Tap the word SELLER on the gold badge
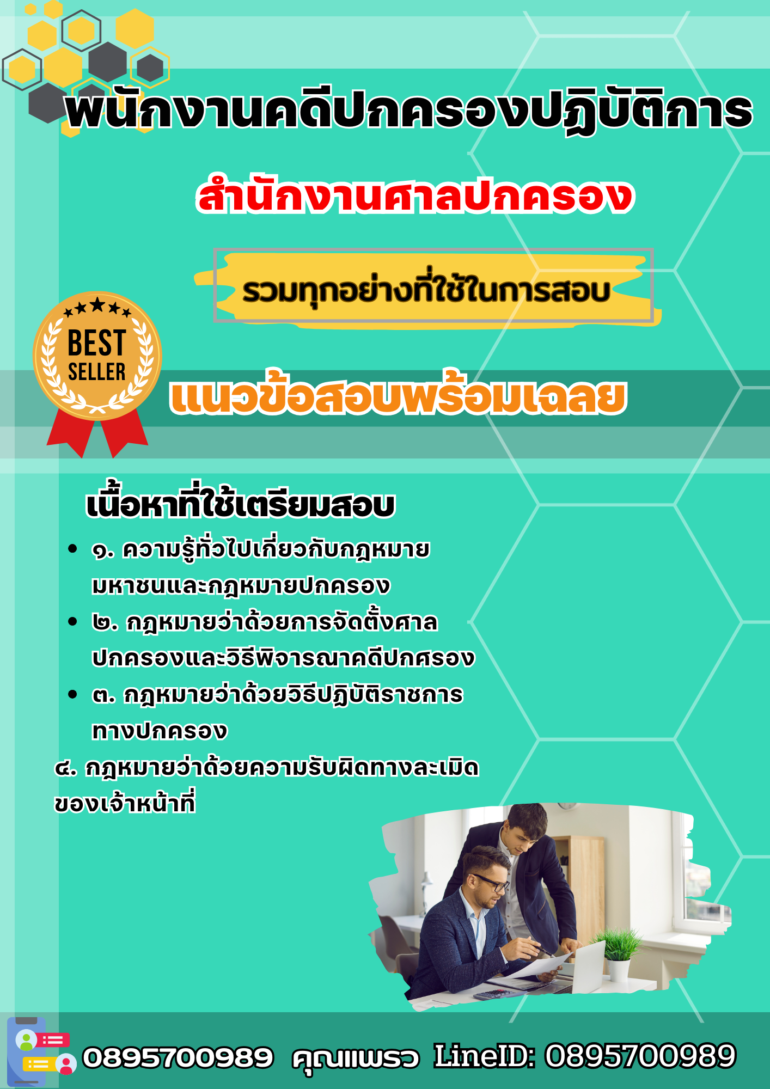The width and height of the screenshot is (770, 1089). (97, 372)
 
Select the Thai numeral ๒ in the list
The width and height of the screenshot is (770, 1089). (101, 623)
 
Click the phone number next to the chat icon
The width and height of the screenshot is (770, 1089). (178, 1057)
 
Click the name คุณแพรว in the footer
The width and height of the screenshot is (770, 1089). (356, 1058)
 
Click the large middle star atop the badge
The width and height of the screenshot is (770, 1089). (97, 304)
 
